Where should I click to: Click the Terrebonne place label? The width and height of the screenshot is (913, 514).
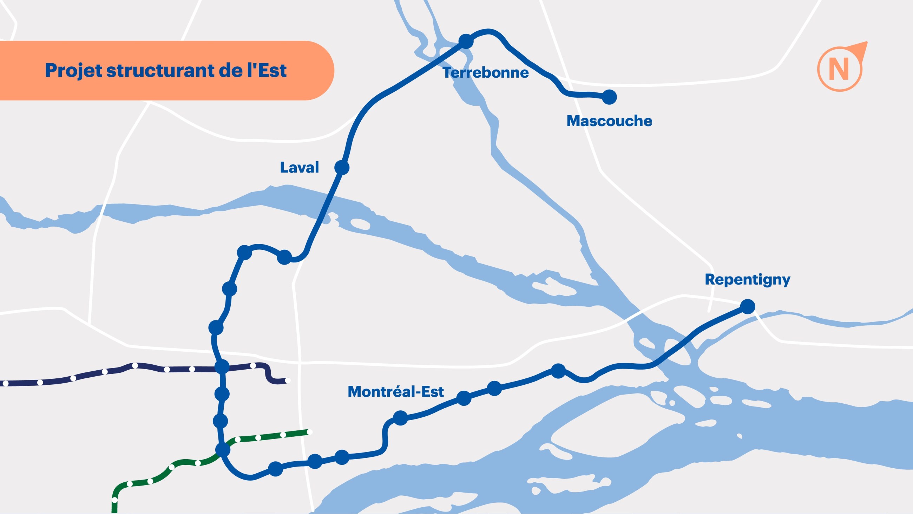tap(486, 73)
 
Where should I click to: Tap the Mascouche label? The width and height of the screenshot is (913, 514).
tap(609, 121)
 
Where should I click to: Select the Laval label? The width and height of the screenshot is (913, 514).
tap(300, 168)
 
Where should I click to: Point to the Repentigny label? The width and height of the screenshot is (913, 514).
tap(748, 280)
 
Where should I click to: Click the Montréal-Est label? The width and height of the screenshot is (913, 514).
tap(395, 392)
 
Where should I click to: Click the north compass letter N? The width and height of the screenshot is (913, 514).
tap(839, 70)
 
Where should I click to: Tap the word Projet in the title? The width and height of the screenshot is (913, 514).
tap(74, 71)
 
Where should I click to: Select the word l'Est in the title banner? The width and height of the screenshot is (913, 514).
tap(267, 71)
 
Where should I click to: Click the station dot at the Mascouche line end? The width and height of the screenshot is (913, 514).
tap(609, 97)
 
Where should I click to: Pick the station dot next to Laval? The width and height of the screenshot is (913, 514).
tap(342, 168)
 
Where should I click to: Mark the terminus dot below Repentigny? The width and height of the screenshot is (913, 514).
tap(748, 306)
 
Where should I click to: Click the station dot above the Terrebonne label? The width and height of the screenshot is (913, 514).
tap(466, 41)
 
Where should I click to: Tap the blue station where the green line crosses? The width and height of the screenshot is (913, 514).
tap(223, 449)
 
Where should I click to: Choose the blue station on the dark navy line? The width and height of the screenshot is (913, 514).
tap(222, 366)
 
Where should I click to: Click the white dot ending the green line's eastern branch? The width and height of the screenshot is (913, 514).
tap(309, 432)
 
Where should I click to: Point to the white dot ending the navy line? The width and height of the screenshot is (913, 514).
tap(288, 380)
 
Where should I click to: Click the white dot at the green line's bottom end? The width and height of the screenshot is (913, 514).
tap(114, 500)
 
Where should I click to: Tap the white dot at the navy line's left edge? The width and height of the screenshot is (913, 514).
tap(5, 383)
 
